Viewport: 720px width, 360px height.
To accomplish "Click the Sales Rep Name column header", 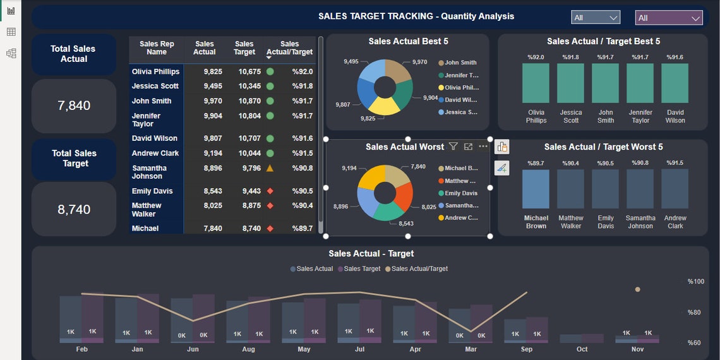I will tap(157, 48).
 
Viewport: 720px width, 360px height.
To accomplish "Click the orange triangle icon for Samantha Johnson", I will tap(270, 168).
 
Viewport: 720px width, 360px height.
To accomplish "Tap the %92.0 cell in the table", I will tap(302, 71).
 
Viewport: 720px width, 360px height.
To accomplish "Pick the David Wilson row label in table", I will tap(155, 138).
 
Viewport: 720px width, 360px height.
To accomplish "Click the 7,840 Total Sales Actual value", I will tap(74, 105).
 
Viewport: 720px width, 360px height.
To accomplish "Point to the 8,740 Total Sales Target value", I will tap(74, 210).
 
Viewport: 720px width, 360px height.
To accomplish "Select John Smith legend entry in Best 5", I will tap(460, 63).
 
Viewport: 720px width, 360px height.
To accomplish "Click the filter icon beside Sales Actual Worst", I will tap(453, 147).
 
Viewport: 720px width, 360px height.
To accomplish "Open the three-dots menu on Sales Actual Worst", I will tap(483, 147).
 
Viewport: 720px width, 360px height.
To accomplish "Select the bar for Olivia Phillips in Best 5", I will tap(536, 83).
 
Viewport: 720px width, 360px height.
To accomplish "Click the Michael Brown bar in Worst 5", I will tap(536, 189).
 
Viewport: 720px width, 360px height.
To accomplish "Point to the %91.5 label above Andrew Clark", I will tap(675, 163).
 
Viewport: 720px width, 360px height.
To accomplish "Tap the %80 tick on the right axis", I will tap(693, 312).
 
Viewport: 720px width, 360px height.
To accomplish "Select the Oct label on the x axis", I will tap(582, 349).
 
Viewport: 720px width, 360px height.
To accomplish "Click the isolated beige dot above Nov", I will tap(637, 289).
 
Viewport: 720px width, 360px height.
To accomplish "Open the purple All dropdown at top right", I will tap(668, 18).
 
